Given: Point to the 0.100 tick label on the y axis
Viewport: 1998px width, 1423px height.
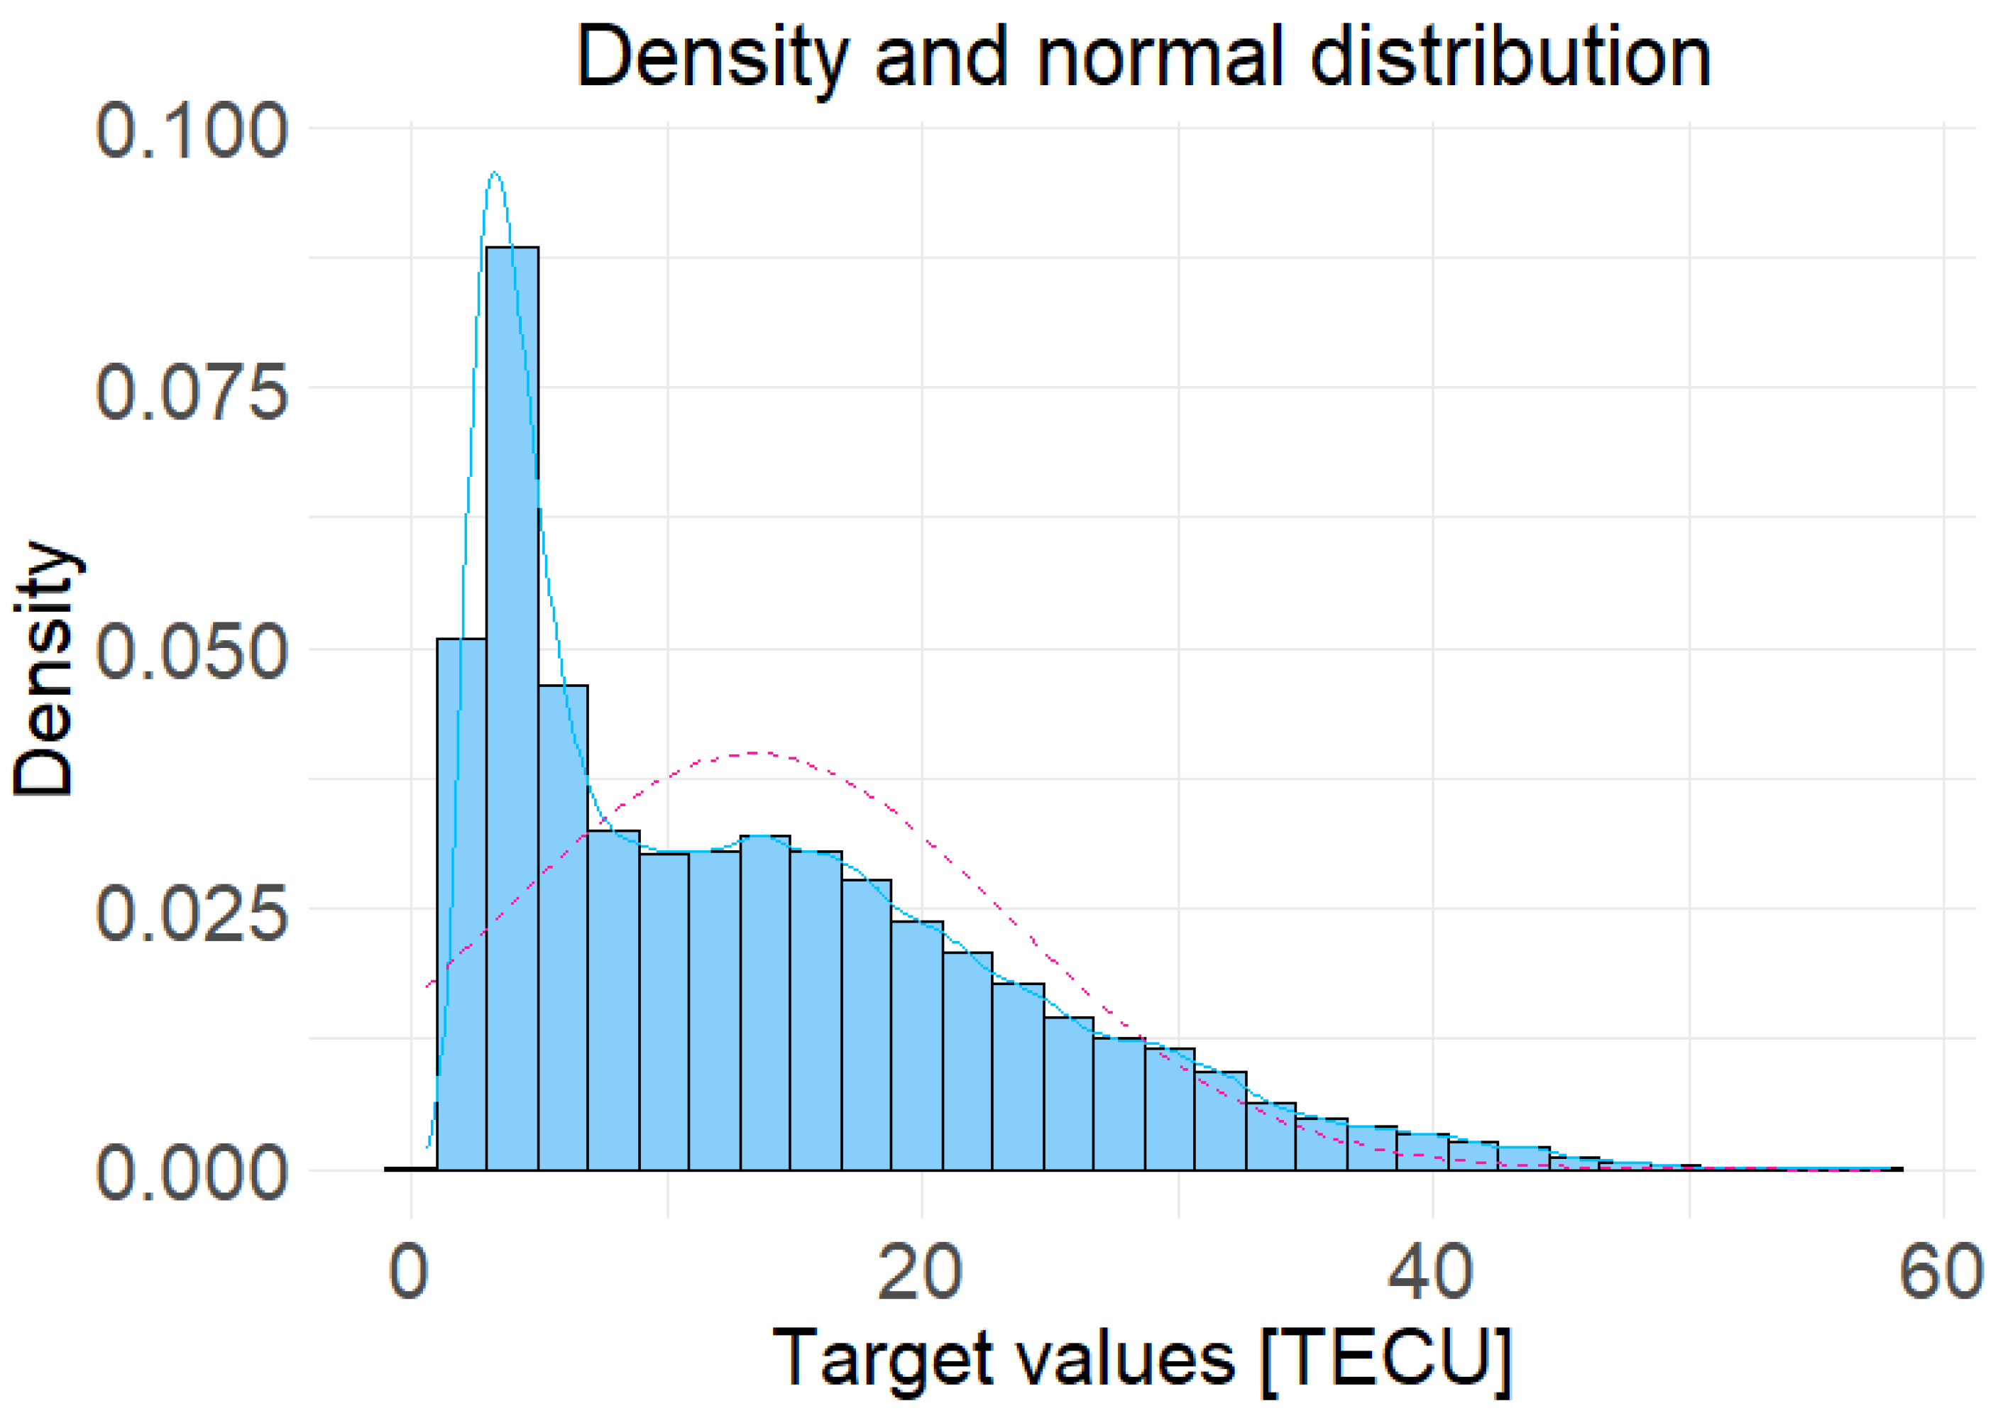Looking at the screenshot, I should pyautogui.click(x=191, y=131).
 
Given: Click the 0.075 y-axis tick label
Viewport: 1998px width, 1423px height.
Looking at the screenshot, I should pyautogui.click(x=191, y=391).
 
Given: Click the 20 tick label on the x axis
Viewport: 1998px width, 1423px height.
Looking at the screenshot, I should pyautogui.click(x=920, y=1271).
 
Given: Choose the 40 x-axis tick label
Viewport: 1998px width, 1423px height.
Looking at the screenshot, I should pyautogui.click(x=1430, y=1271).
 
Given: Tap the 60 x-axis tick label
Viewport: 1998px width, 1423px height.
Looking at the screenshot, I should pyautogui.click(x=1941, y=1271).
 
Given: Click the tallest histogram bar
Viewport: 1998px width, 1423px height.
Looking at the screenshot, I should pyautogui.click(x=512, y=701).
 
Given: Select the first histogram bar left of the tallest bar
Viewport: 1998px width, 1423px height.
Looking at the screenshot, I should pyautogui.click(x=462, y=903).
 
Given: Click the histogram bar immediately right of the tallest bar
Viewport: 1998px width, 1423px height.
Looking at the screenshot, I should pyautogui.click(x=563, y=929).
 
